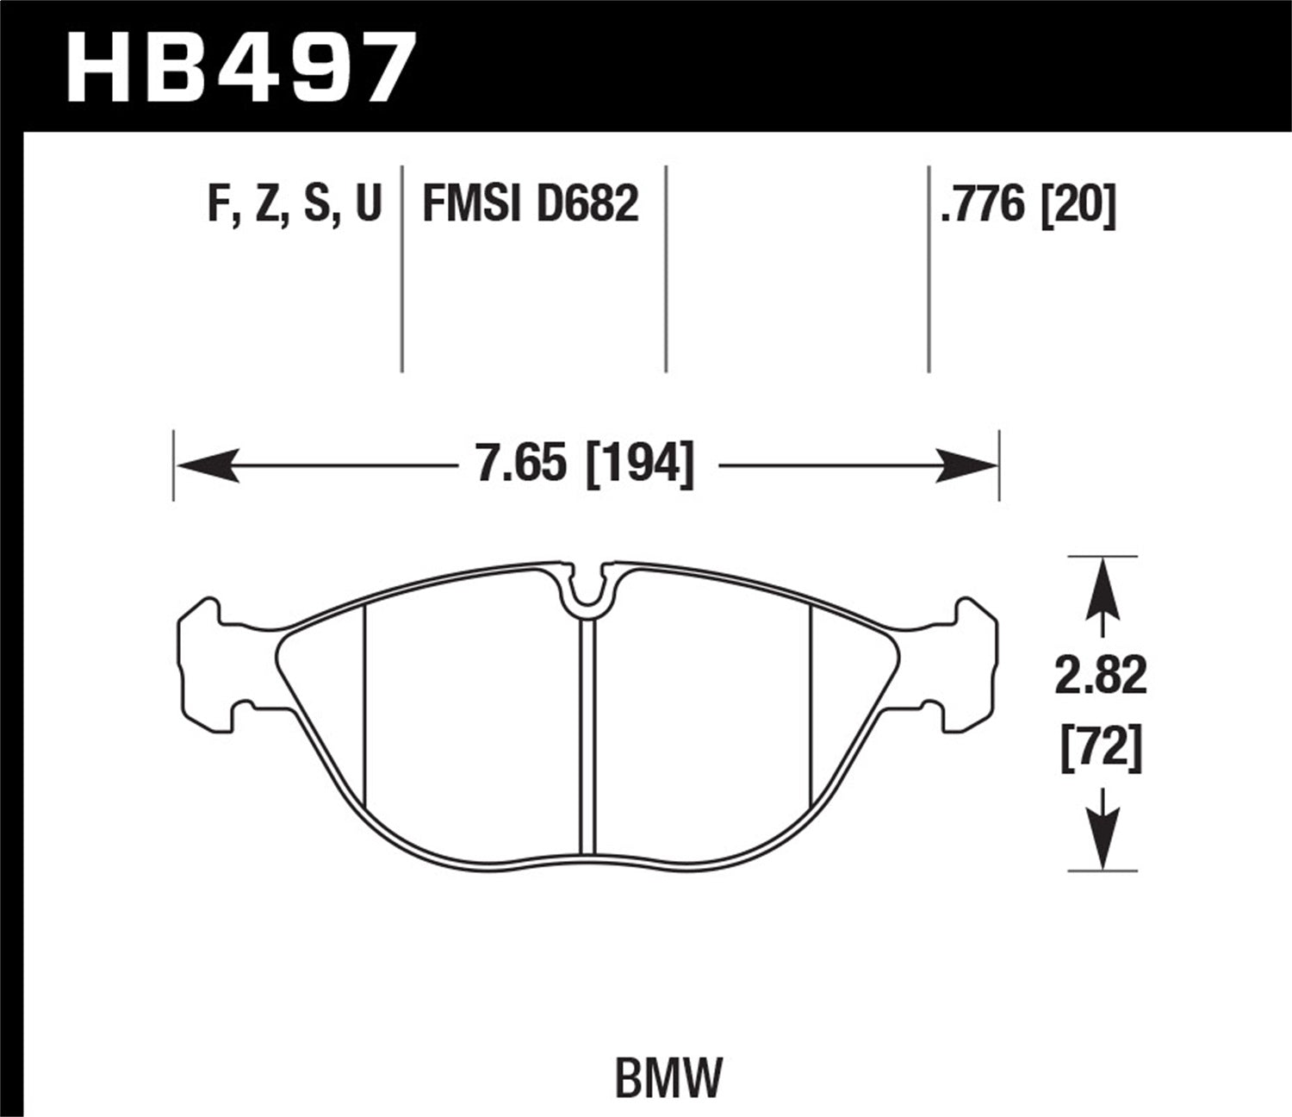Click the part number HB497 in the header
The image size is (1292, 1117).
coord(241,67)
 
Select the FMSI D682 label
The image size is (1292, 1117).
coord(530,205)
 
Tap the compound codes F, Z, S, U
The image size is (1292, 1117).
coord(294,205)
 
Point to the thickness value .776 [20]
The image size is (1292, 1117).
coord(1028,205)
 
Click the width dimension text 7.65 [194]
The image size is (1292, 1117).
coord(585,465)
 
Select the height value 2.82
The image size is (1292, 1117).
coord(1102,676)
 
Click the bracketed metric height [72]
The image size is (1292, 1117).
coord(1102,746)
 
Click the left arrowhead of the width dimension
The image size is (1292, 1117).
coord(207,465)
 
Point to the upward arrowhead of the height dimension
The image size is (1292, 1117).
coord(1102,586)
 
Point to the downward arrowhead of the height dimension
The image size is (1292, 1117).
coord(1102,840)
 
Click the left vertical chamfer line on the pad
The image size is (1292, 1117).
coord(365,707)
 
